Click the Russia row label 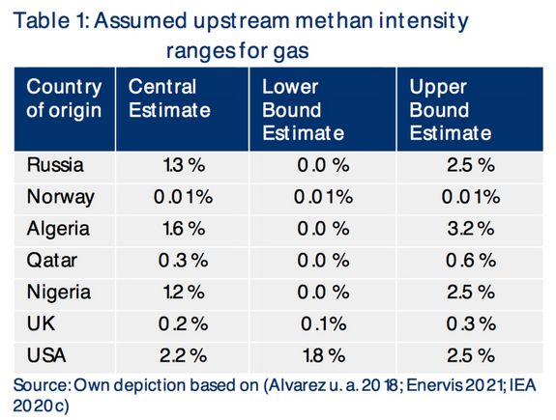(x=55, y=165)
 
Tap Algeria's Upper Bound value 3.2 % (x=471, y=229)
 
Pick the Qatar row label (x=52, y=261)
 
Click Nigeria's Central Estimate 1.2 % (x=184, y=293)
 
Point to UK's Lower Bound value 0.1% (x=324, y=324)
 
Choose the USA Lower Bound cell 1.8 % (x=324, y=355)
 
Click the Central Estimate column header (x=169, y=98)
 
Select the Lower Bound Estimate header (x=304, y=110)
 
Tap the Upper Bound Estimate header (x=451, y=110)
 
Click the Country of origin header (x=64, y=98)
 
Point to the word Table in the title (x=42, y=20)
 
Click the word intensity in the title (x=424, y=21)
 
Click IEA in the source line (x=523, y=385)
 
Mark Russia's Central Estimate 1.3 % (x=184, y=165)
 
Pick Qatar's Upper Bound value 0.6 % (x=471, y=261)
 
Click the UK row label (x=41, y=323)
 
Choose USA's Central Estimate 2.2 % (x=184, y=355)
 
